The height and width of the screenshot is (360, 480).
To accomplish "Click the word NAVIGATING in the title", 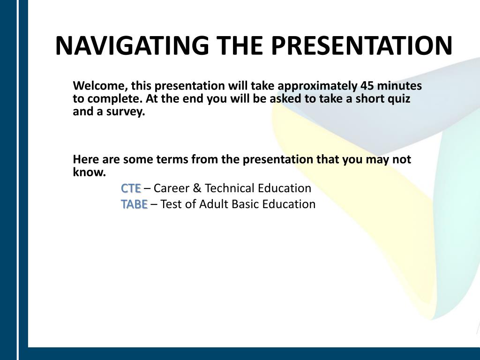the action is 132,45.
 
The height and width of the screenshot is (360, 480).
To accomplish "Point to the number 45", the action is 367,86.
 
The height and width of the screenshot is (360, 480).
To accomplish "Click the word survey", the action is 126,112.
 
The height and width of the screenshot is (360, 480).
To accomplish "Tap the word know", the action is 90,172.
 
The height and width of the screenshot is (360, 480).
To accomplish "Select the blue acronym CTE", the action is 131,188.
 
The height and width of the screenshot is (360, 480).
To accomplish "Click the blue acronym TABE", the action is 135,204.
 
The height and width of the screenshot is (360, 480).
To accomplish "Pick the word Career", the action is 172,188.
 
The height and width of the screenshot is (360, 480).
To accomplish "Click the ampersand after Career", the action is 197,188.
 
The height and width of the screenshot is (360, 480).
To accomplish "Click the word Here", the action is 86,159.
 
